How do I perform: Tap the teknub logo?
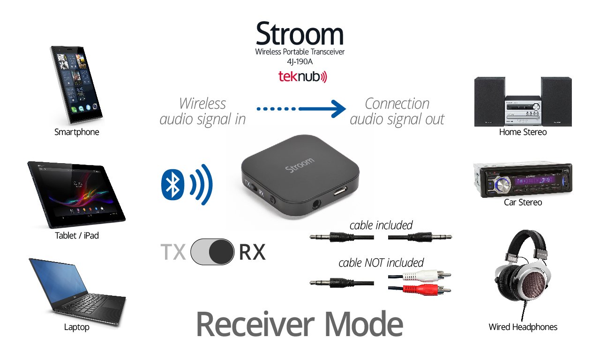point(302,77)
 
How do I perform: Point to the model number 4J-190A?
point(300,61)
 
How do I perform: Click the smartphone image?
point(76,84)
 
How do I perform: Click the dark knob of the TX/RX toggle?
point(221,252)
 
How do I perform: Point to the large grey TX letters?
point(173,252)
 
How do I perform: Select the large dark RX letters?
point(252,252)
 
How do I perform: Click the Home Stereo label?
point(523,132)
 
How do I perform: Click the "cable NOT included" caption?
point(381,262)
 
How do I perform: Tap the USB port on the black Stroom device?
point(338,192)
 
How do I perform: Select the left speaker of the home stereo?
point(489,102)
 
